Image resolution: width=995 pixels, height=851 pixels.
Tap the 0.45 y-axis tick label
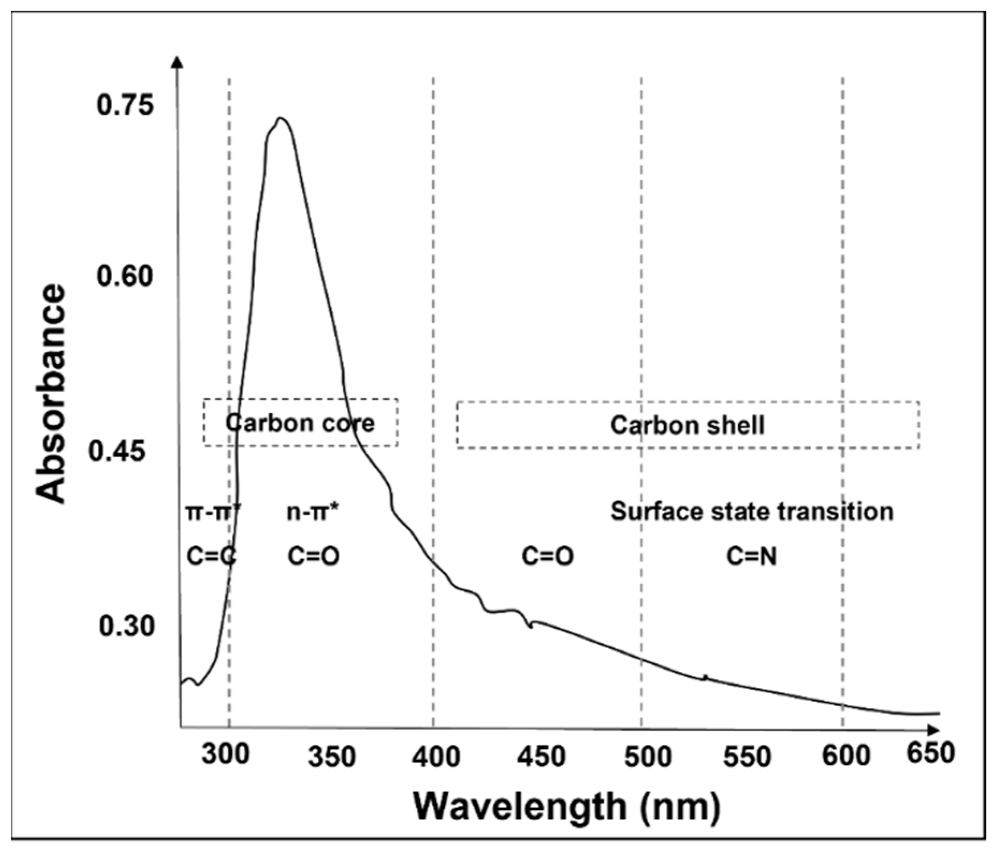117,451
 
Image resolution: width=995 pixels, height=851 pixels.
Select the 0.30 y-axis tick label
126,626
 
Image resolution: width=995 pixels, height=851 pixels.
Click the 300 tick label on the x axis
226,754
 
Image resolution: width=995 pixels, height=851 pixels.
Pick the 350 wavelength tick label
332,756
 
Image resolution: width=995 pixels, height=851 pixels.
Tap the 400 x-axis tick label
436,756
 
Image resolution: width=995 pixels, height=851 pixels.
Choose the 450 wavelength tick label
541,756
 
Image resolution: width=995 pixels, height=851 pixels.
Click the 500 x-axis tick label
648,756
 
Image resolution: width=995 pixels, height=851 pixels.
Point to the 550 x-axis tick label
747,756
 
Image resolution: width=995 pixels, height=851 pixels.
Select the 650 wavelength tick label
931,753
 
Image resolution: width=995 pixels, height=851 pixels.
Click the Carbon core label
300,423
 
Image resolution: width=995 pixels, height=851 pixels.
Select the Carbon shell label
687,425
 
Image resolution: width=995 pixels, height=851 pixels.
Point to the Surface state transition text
752,511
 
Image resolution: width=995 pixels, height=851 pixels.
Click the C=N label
752,556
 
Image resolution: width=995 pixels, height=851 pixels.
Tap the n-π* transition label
313,512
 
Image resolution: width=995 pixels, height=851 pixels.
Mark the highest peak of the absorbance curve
280,118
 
